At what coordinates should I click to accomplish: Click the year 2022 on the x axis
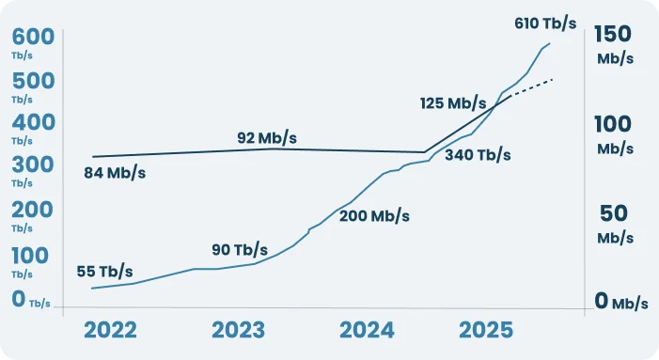click(x=110, y=331)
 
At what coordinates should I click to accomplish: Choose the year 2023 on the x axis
click(x=238, y=331)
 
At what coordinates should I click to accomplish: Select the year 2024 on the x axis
click(x=366, y=331)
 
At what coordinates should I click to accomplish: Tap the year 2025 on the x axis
click(x=485, y=331)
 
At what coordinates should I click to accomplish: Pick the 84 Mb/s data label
click(x=114, y=173)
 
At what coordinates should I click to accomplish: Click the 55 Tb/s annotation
click(x=104, y=272)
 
